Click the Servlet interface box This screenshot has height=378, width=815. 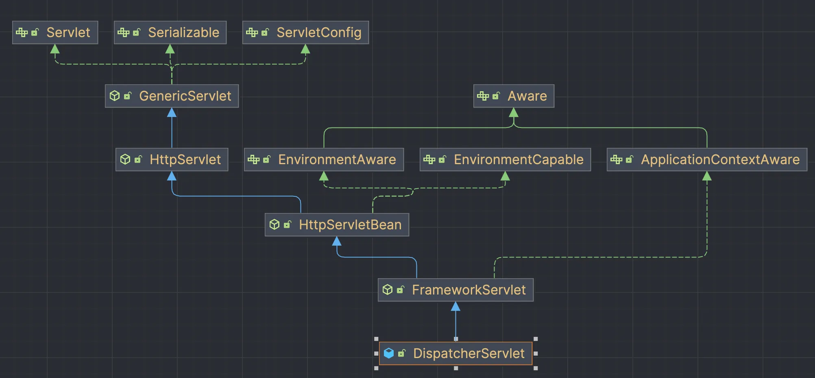coord(55,33)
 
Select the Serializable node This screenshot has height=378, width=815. coord(170,33)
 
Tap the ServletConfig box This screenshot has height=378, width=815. coord(305,33)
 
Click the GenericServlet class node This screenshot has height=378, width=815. coord(172,96)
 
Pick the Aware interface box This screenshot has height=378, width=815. coord(514,96)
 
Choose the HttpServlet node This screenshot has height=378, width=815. coord(172,160)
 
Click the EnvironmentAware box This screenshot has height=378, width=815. coord(324,160)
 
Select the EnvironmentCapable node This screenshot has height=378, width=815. coord(505,160)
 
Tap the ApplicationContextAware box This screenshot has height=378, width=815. coord(707,160)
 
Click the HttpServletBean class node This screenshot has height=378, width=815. coord(337,225)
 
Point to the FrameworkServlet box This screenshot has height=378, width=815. coord(455,290)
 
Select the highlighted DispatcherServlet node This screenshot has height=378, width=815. coord(455,354)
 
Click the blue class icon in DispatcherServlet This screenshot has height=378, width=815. coord(389,353)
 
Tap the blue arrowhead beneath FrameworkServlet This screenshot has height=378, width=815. coord(455,306)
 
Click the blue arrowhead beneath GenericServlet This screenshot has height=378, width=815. coord(172,112)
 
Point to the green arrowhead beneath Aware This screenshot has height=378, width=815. coord(514,112)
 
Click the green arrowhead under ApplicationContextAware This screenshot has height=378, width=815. coord(707,176)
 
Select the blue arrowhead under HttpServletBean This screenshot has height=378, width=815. coord(337,241)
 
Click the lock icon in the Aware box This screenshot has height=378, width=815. coord(496,96)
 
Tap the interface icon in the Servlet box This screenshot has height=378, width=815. coord(22,33)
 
